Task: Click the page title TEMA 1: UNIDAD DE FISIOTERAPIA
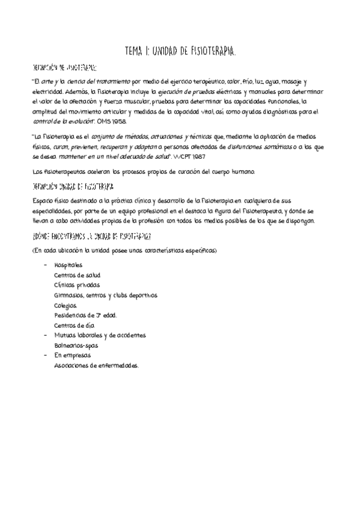pyautogui.click(x=180, y=52)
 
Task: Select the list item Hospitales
pyautogui.click(x=68, y=265)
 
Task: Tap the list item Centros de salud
pyautogui.click(x=76, y=275)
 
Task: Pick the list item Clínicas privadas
pyautogui.click(x=77, y=284)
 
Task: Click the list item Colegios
pyautogui.click(x=66, y=305)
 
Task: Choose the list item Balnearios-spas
pyautogui.click(x=76, y=345)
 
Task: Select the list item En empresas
pyautogui.click(x=68, y=355)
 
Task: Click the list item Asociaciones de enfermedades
pyautogui.click(x=96, y=365)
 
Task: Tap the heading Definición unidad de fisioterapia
pyautogui.click(x=74, y=186)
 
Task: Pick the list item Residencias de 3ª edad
pyautogui.click(x=85, y=315)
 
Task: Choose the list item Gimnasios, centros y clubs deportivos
pyautogui.click(x=105, y=295)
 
